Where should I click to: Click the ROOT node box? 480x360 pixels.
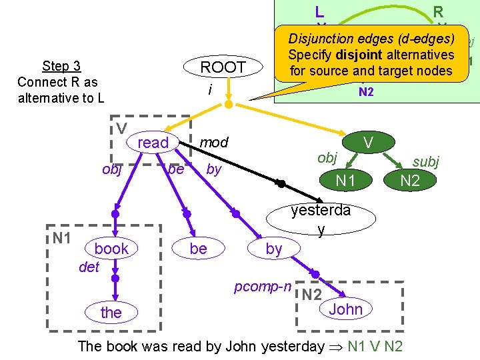click(223, 67)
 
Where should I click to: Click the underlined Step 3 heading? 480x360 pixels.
click(61, 65)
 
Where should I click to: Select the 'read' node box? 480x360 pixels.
click(153, 143)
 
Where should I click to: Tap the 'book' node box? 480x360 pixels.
click(111, 249)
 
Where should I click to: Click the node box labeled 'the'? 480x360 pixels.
click(111, 313)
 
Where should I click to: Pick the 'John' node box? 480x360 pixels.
click(345, 309)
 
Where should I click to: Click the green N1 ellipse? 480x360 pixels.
click(345, 180)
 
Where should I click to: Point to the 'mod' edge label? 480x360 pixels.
click(214, 142)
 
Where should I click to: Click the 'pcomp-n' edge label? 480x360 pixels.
click(262, 287)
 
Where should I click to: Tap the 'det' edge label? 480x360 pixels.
click(89, 267)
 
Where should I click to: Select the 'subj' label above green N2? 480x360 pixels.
click(426, 161)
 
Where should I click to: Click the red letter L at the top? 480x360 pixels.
click(319, 11)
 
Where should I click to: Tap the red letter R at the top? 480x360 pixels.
click(438, 11)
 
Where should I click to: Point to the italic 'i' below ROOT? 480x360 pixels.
click(210, 88)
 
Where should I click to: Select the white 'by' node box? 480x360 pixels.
click(274, 249)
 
